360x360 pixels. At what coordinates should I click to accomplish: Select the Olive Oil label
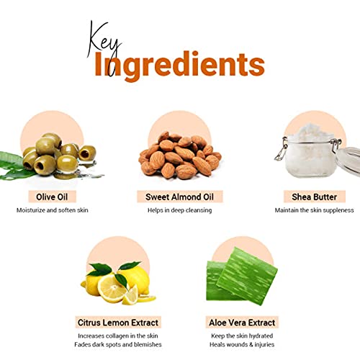[x=52, y=197]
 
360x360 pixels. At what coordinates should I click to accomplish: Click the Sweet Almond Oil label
[x=179, y=197]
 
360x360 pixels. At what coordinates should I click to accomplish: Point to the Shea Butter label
[x=315, y=197]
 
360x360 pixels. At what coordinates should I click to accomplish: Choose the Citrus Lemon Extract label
[x=118, y=323]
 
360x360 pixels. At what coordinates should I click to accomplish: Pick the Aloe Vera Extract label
[x=242, y=323]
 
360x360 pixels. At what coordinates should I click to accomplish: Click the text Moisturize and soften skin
[x=53, y=210]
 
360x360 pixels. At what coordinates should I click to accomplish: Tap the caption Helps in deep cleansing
[x=179, y=210]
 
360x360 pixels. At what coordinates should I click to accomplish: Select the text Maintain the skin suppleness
[x=314, y=210]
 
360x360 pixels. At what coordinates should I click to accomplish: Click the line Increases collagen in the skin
[x=118, y=336]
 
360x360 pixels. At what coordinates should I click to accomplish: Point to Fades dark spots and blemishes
[x=118, y=345]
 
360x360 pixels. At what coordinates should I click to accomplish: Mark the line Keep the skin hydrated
[x=242, y=336]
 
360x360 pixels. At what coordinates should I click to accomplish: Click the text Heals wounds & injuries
[x=242, y=345]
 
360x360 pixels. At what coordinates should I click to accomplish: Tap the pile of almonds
[x=180, y=156]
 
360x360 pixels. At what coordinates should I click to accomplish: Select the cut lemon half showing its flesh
[x=112, y=289]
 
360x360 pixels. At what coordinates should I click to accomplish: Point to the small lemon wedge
[x=130, y=296]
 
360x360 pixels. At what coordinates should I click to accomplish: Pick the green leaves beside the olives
[x=13, y=166]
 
